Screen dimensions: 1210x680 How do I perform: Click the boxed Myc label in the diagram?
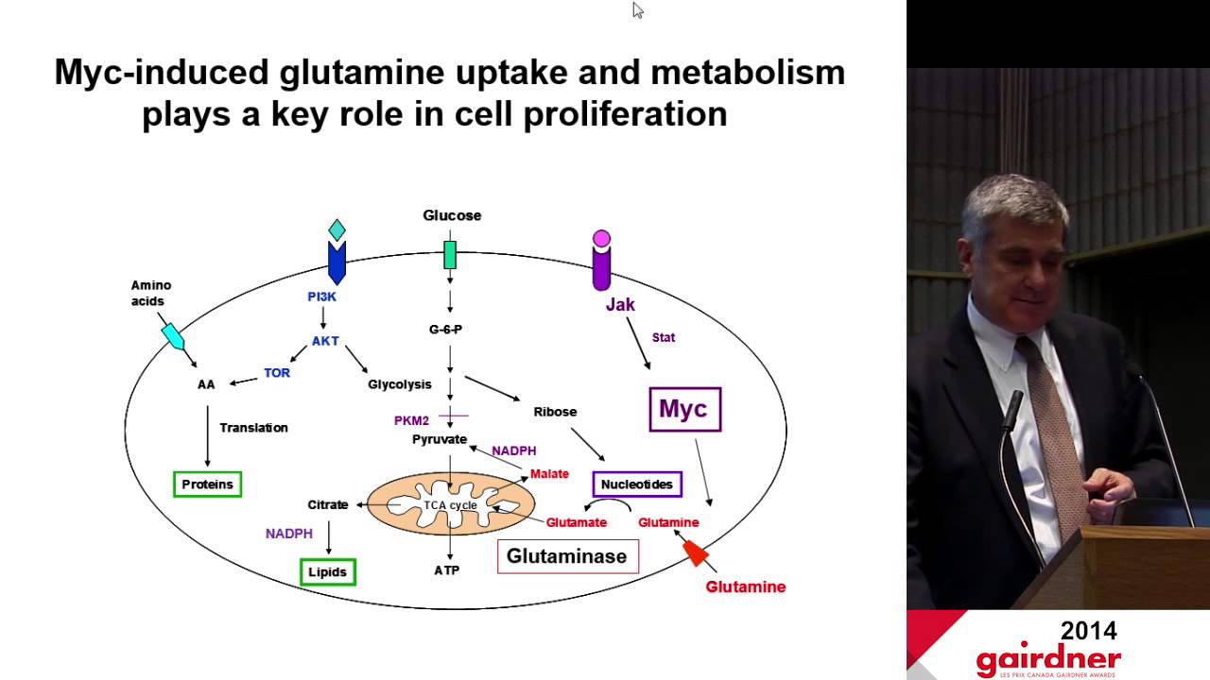tap(685, 409)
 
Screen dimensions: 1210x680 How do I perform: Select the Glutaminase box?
tap(568, 556)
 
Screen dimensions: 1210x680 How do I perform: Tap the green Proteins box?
tap(207, 484)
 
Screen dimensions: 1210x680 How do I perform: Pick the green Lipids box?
tap(328, 572)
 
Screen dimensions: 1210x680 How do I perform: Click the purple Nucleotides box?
tap(637, 484)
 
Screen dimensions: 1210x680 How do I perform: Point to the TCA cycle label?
tap(450, 505)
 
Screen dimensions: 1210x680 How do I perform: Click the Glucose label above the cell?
tap(452, 215)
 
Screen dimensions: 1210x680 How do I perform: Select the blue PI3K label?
tap(322, 297)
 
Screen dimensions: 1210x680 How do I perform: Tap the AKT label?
tap(325, 341)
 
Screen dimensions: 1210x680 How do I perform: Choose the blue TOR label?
tap(277, 373)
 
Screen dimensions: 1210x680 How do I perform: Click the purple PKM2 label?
tap(411, 420)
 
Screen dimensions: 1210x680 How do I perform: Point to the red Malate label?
tap(549, 474)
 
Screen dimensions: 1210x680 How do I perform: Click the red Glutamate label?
tap(577, 522)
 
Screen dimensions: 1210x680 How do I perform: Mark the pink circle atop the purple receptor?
tap(601, 239)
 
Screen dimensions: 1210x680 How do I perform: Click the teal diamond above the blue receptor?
tap(337, 230)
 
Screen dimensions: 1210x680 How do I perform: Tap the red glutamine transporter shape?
tap(696, 553)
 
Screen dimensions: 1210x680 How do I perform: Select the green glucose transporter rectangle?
tap(450, 255)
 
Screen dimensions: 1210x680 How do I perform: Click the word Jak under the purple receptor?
tap(620, 304)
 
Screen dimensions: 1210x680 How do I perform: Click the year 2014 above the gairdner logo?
tap(1088, 630)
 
